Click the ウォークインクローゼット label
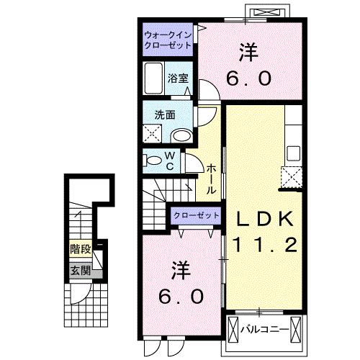[x=166, y=38]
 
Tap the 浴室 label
[x=179, y=79]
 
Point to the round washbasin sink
[x=183, y=135]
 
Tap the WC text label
[x=170, y=160]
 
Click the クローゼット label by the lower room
[x=195, y=215]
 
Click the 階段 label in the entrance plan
[x=80, y=250]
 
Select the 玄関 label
[x=80, y=271]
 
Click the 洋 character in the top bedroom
[x=249, y=51]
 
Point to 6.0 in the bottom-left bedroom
[x=182, y=296]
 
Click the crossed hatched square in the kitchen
[x=291, y=177]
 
